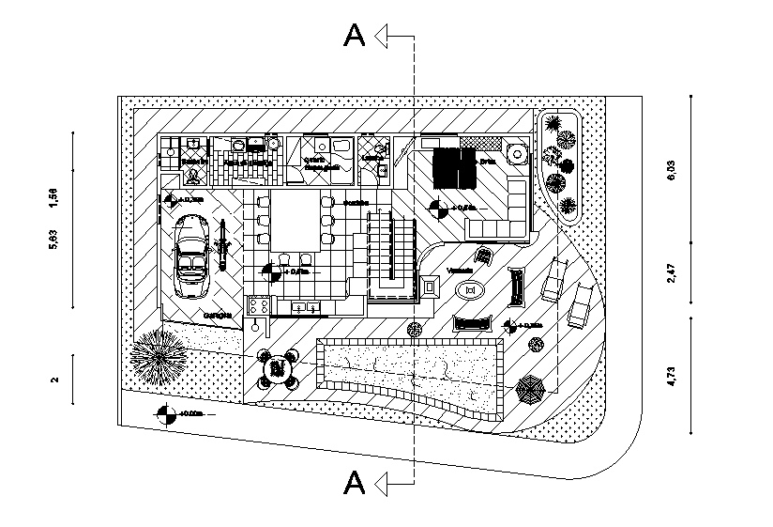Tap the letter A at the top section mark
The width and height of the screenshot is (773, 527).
click(x=355, y=36)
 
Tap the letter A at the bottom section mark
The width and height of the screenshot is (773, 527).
click(x=355, y=483)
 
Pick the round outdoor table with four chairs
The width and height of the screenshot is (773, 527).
click(x=278, y=369)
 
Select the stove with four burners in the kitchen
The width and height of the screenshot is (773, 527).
click(x=260, y=305)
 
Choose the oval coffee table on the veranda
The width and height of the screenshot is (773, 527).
click(x=470, y=290)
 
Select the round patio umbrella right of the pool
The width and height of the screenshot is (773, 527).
click(x=531, y=388)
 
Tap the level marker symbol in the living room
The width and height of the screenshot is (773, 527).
click(x=437, y=208)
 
